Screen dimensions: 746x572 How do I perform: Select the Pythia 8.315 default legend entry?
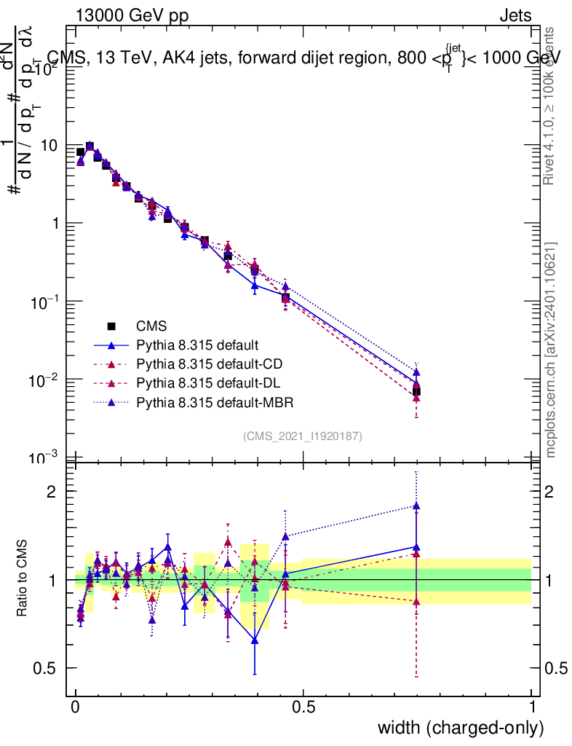pos(198,345)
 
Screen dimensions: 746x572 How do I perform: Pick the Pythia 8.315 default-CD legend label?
pos(208,364)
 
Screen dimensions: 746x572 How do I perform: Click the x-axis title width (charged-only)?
pos(461,727)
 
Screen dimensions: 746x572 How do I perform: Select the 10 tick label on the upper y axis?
pos(49,146)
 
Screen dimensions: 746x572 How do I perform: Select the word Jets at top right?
pos(515,15)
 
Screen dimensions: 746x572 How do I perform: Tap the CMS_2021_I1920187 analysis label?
pos(303,436)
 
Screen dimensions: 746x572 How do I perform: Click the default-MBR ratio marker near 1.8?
pos(416,506)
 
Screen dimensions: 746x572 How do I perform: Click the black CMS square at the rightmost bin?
pos(416,392)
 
